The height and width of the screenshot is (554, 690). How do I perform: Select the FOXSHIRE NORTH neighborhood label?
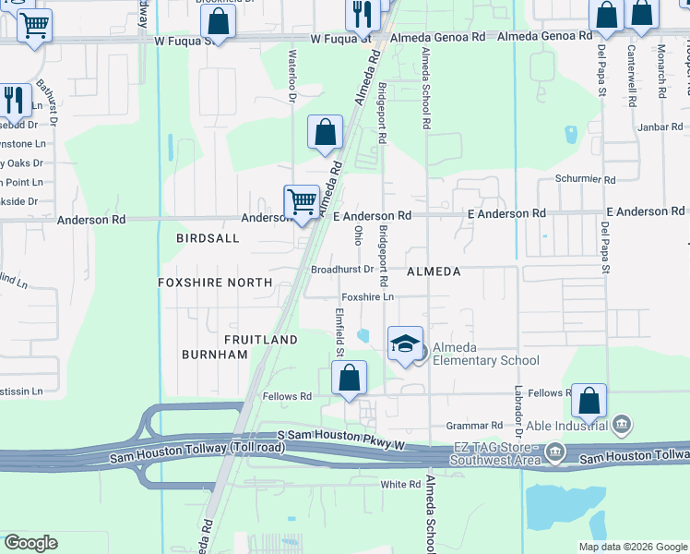215,283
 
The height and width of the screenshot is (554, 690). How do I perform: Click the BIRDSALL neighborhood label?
208,238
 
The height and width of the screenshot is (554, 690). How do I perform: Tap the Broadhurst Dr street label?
341,270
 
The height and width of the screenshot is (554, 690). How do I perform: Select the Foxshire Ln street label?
368,297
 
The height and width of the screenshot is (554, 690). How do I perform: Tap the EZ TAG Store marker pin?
554,452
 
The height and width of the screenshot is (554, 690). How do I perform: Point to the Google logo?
30,543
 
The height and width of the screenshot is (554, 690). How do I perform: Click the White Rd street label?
400,484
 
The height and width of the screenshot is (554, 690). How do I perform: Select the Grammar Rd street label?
472,426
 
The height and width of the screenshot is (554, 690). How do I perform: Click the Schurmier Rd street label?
585,178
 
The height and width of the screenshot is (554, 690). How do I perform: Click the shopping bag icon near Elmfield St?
349,379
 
